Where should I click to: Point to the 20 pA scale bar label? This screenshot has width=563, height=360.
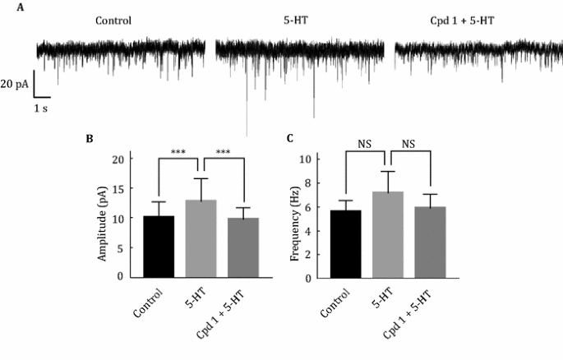pyautogui.click(x=16, y=85)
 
